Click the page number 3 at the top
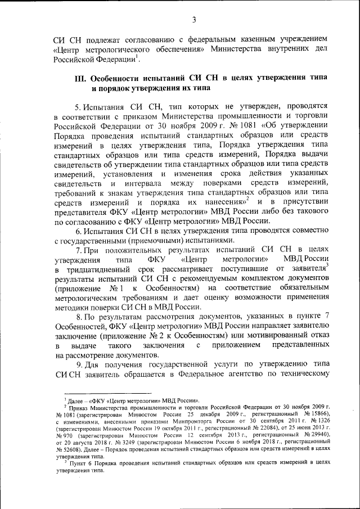coord(193,21)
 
